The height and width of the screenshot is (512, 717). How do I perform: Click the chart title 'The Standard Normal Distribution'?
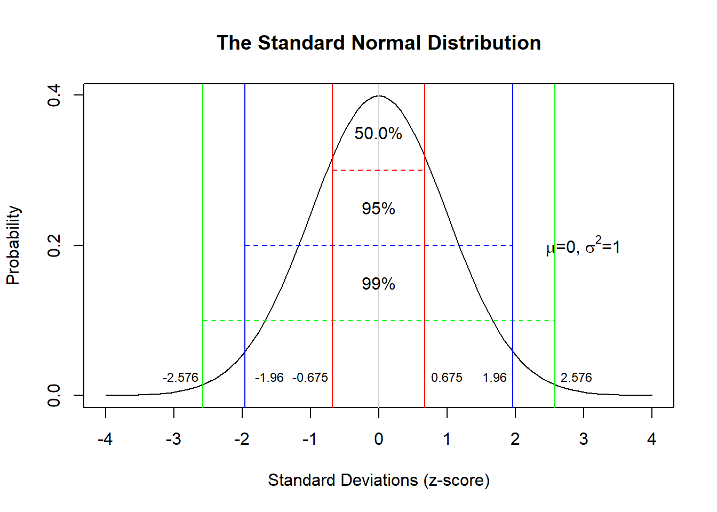click(x=379, y=43)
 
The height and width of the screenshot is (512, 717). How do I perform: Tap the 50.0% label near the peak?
click(x=378, y=133)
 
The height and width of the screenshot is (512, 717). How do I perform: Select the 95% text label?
click(x=378, y=209)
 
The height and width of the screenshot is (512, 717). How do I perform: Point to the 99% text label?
click(x=378, y=284)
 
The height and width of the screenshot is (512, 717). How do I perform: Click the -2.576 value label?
click(x=180, y=378)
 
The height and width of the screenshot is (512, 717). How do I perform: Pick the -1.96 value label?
click(x=269, y=378)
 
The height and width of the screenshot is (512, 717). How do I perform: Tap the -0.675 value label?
click(x=310, y=378)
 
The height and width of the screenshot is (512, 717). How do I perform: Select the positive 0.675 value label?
click(x=447, y=378)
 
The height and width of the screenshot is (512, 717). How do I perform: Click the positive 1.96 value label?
click(x=495, y=378)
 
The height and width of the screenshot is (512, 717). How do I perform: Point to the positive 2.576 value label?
click(x=576, y=378)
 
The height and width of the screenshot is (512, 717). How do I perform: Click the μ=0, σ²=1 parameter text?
click(x=583, y=247)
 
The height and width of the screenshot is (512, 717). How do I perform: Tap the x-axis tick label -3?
click(x=173, y=439)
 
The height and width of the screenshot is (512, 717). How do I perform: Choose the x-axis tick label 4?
click(x=651, y=439)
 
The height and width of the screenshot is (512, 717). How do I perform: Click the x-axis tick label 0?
click(x=379, y=439)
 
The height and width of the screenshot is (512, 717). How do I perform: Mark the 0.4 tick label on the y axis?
click(x=54, y=95)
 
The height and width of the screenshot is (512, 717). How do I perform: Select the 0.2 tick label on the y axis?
click(x=54, y=245)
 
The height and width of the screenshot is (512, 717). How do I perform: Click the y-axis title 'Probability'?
click(x=13, y=245)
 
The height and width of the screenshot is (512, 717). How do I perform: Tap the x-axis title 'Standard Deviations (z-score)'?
click(x=379, y=481)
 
